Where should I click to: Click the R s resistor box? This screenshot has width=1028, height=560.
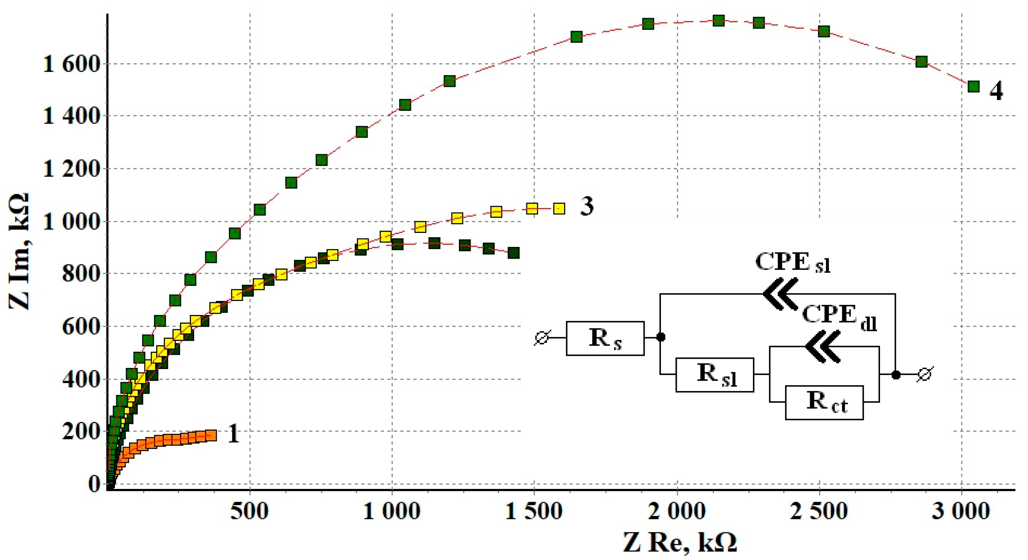tap(605, 338)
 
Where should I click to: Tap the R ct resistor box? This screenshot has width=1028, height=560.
tap(824, 402)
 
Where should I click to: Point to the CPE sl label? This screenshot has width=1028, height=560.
tap(793, 263)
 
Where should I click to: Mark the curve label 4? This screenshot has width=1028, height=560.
tap(996, 92)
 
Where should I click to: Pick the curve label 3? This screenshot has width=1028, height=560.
tap(586, 206)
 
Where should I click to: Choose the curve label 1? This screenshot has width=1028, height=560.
tap(233, 434)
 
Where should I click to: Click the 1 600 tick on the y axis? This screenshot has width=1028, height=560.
tap(70, 64)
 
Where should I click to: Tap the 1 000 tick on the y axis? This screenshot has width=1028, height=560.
tap(70, 221)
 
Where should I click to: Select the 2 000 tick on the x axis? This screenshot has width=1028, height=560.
tap(677, 511)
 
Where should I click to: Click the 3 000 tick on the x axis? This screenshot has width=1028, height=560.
tap(961, 511)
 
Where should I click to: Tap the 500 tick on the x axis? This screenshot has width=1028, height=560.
tap(249, 511)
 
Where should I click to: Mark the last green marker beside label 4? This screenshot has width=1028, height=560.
tap(974, 86)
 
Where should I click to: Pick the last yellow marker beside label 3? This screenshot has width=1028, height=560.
tap(560, 208)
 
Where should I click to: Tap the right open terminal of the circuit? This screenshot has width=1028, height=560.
tap(925, 374)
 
